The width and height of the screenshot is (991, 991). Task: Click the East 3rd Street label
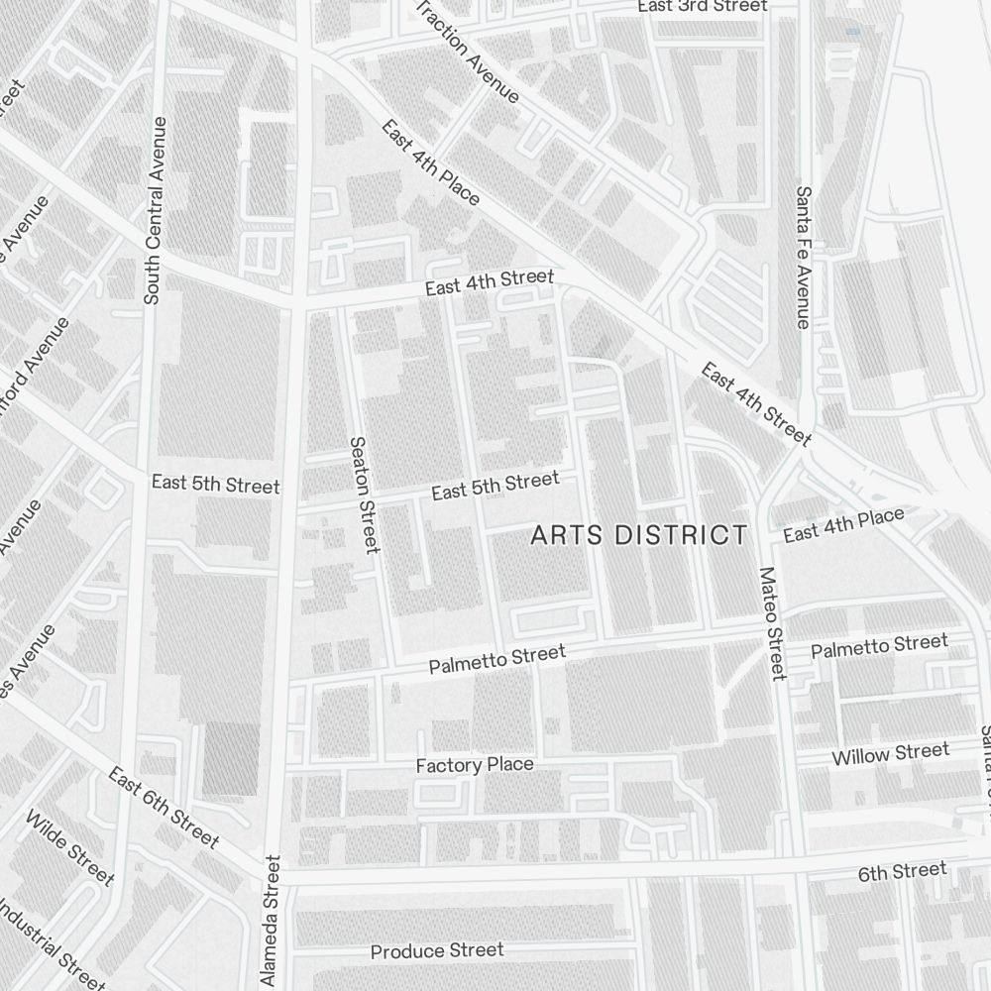tap(702, 6)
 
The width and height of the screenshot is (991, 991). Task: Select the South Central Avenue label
tap(155, 210)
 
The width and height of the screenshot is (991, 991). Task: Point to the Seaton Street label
tap(364, 495)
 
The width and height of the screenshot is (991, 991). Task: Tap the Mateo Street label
tap(770, 623)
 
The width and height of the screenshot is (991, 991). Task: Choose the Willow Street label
tap(890, 754)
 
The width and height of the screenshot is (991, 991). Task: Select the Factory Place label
tap(474, 765)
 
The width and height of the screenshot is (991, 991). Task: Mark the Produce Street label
tap(437, 951)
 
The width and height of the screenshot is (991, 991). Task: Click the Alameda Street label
tap(270, 922)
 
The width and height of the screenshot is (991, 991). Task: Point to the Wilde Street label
tap(69, 847)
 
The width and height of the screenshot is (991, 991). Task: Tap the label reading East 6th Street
tap(163, 807)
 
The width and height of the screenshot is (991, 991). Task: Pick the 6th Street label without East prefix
tap(902, 871)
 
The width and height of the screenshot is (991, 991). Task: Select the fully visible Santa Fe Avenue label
tap(803, 257)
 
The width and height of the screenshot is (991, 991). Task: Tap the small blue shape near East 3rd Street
tap(853, 32)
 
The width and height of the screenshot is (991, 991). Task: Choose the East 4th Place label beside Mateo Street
tap(843, 524)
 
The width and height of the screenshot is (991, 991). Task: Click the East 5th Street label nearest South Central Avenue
tap(215, 486)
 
